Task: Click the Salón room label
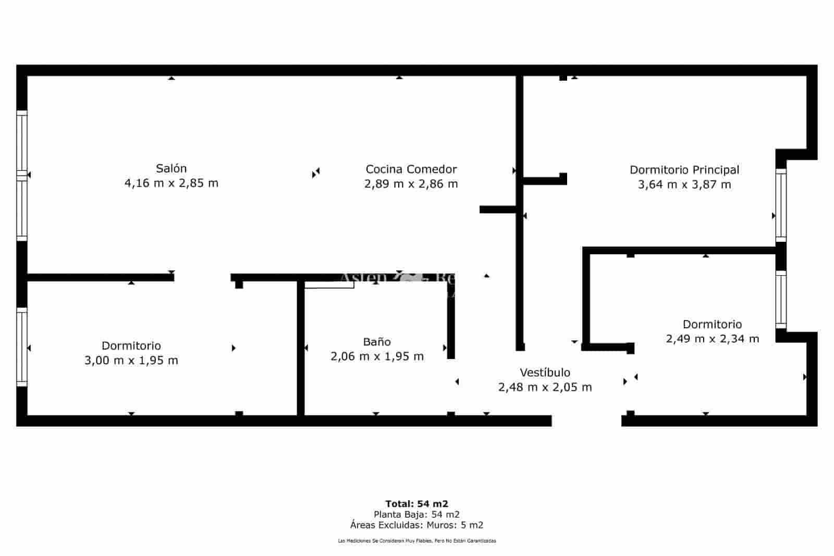171,168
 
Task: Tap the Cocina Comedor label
411,169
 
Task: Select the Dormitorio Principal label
684,169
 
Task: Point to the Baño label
376,342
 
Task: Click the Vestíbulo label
545,373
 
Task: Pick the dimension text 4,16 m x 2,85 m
171,183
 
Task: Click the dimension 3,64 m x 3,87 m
684,184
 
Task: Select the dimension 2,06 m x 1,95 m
376,356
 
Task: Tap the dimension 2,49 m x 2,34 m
712,339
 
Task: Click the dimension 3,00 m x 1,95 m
131,360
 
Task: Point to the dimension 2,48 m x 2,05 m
545,387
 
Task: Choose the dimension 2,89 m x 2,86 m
411,184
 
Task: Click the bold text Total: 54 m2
416,503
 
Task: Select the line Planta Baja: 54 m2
416,514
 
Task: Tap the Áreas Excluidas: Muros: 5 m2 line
416,525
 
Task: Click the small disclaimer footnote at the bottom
416,541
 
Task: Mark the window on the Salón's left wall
22,176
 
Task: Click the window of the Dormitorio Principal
780,205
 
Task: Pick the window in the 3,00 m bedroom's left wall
22,347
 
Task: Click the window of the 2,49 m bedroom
780,299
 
